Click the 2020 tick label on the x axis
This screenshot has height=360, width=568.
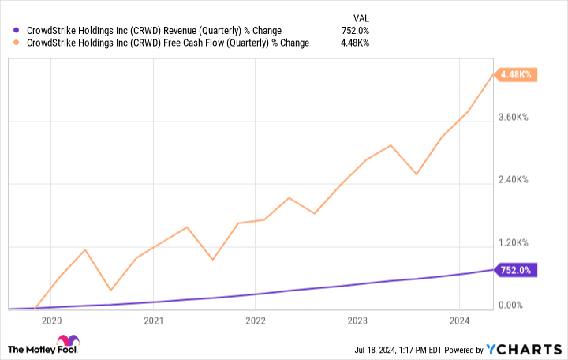point(51,321)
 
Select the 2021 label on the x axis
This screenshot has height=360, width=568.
point(153,321)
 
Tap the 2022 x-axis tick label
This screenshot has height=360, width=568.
point(255,321)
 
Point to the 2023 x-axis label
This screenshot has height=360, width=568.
point(357,321)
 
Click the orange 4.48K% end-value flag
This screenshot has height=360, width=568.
point(516,75)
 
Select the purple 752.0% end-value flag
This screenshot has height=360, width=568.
point(516,270)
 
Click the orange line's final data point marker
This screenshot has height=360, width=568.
point(494,76)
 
